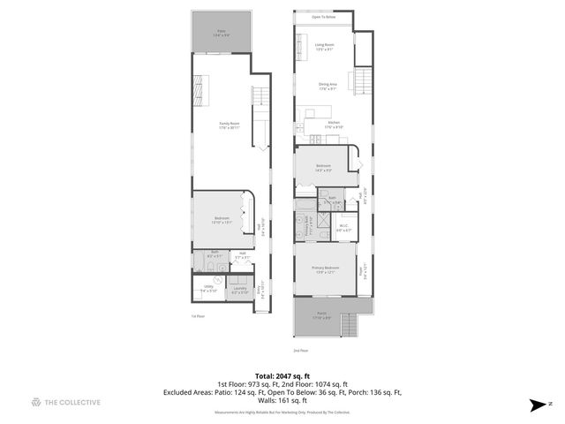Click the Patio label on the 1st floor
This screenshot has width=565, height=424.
point(222,34)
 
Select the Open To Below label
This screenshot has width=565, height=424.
point(324,16)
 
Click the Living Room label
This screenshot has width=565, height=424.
point(324,48)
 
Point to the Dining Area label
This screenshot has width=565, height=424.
point(328,87)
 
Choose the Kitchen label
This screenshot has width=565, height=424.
point(334,125)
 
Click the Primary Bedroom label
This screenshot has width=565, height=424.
point(325,269)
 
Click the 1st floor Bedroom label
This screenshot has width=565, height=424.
point(221,221)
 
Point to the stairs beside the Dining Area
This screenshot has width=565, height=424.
point(362,83)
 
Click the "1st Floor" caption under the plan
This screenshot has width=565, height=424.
point(199,315)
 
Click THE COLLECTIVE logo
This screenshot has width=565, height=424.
point(65,403)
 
